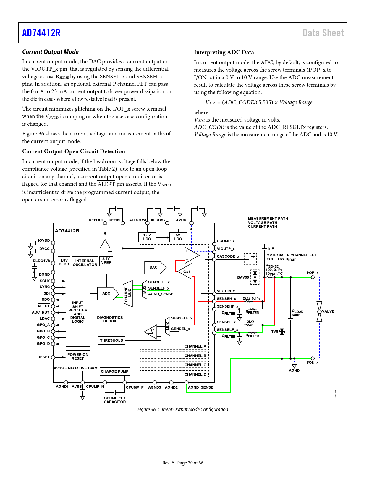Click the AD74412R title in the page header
[41, 33]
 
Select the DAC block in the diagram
[155, 267]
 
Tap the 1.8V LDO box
[147, 237]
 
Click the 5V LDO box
[178, 237]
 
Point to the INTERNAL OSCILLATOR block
[85, 263]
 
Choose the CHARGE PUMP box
[115, 371]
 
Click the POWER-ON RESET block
[78, 357]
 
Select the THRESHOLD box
[111, 340]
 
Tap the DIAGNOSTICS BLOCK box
[110, 320]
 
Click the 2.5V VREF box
[106, 261]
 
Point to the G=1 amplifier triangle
[185, 272]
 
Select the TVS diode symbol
[282, 332]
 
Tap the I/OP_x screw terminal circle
[313, 277]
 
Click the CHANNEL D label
[195, 374]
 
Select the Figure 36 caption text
[182, 409]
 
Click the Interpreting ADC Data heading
[224, 52]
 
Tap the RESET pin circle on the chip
[53, 357]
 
